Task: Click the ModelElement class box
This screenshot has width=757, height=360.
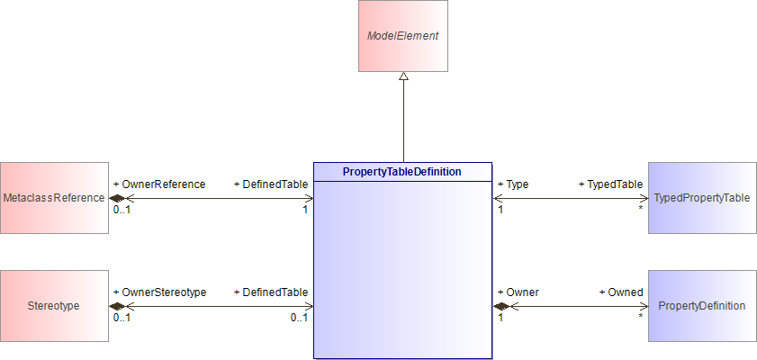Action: click(x=403, y=36)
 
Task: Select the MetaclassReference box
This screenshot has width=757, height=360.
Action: click(x=55, y=198)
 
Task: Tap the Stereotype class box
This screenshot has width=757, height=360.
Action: click(x=55, y=306)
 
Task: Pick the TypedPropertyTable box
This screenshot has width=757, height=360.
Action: click(x=702, y=198)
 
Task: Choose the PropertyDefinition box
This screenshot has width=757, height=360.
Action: click(x=702, y=306)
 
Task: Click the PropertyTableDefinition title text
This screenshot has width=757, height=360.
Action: click(x=402, y=172)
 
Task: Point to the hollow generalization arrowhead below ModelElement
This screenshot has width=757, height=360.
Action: click(x=403, y=76)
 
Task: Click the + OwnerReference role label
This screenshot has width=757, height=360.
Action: click(x=159, y=184)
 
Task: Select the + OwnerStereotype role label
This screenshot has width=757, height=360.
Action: click(x=160, y=292)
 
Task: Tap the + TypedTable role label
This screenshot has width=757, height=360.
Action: click(x=610, y=184)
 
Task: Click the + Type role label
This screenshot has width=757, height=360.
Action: click(x=513, y=184)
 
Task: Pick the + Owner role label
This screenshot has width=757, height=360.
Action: click(x=518, y=292)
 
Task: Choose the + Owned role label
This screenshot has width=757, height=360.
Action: click(x=621, y=292)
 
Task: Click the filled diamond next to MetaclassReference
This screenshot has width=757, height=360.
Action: click(x=117, y=198)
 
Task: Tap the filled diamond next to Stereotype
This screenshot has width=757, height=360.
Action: click(x=117, y=306)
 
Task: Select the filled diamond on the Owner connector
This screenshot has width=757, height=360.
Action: click(x=500, y=306)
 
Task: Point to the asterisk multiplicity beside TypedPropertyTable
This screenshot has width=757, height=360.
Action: click(x=641, y=209)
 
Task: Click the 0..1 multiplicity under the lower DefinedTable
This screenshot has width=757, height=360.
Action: click(x=300, y=318)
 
